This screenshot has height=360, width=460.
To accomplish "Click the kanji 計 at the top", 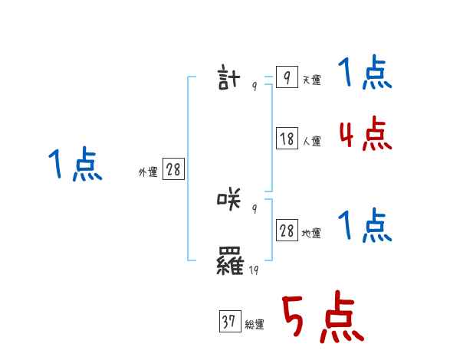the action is [x=229, y=78].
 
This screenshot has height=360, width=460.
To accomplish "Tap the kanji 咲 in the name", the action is [x=229, y=201].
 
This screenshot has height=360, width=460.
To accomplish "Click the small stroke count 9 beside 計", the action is [x=254, y=86].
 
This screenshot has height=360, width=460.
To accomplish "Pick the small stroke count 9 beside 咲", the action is [x=254, y=208].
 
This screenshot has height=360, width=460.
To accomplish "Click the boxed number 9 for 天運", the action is [x=286, y=77].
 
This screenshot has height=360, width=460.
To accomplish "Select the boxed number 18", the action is [x=287, y=139].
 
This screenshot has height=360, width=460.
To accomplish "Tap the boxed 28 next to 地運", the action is [x=287, y=231].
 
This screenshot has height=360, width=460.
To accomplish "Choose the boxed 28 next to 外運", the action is [x=173, y=170].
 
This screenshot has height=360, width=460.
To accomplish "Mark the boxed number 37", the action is [x=228, y=322].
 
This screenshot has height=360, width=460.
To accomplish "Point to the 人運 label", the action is [x=311, y=142].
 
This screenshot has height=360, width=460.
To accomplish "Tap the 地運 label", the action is [x=311, y=234].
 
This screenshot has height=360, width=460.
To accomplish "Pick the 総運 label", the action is [x=255, y=326].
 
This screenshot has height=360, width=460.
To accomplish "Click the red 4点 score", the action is [x=365, y=133].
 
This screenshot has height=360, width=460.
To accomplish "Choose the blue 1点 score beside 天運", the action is [x=365, y=74].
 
